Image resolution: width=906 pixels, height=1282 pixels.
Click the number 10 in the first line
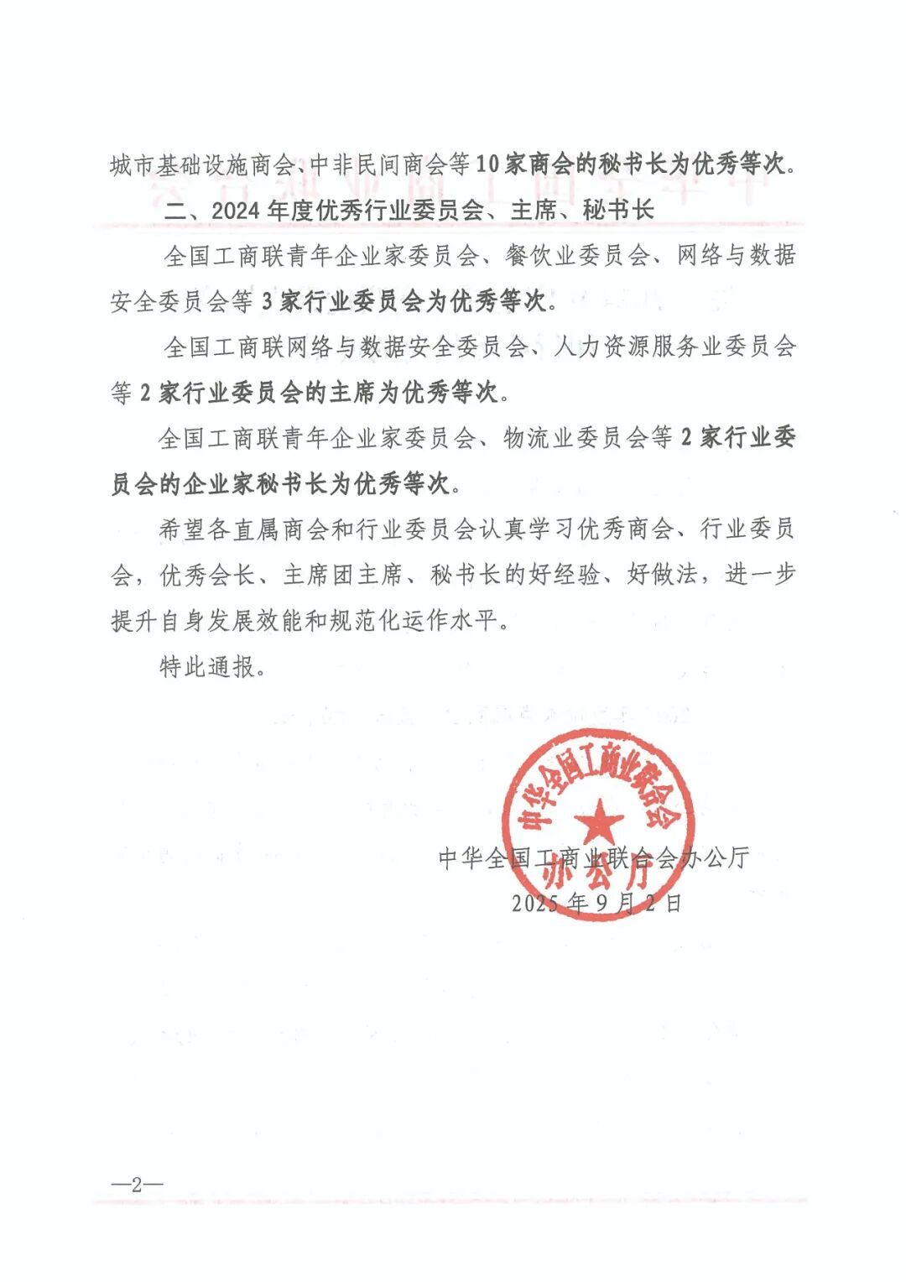487,164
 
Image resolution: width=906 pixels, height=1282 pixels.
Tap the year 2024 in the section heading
236,210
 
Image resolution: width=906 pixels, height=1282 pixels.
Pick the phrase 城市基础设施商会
200,164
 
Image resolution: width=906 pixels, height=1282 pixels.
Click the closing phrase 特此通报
207,667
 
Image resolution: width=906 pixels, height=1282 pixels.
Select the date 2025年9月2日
596,903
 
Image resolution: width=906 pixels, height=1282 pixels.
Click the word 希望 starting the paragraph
182,529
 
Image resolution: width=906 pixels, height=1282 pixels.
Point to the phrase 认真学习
526,529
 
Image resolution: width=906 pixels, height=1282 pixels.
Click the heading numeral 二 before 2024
175,210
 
